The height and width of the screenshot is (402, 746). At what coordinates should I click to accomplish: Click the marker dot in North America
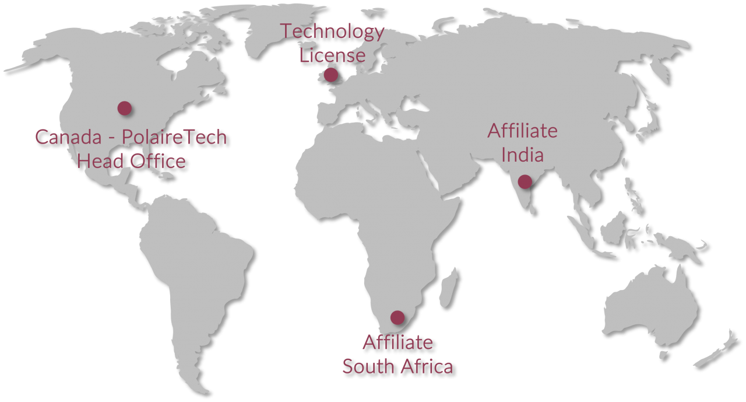click(124, 108)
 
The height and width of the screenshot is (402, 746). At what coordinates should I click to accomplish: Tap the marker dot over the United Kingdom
click(330, 75)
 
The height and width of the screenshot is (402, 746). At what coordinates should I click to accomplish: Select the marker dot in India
click(525, 181)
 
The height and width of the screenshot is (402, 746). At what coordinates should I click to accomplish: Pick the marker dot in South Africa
click(397, 317)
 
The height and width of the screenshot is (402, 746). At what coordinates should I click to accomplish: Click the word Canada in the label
click(68, 137)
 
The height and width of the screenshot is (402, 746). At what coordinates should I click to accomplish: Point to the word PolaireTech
click(174, 137)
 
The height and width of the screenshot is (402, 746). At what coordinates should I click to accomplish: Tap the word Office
click(157, 161)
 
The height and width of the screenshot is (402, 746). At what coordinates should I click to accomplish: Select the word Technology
click(332, 32)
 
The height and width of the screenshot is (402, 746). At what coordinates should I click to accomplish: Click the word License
click(332, 56)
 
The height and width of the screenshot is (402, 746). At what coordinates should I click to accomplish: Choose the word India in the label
click(523, 155)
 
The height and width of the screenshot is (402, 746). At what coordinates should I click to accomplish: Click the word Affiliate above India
click(523, 131)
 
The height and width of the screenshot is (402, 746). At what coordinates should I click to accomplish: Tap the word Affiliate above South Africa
click(397, 342)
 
